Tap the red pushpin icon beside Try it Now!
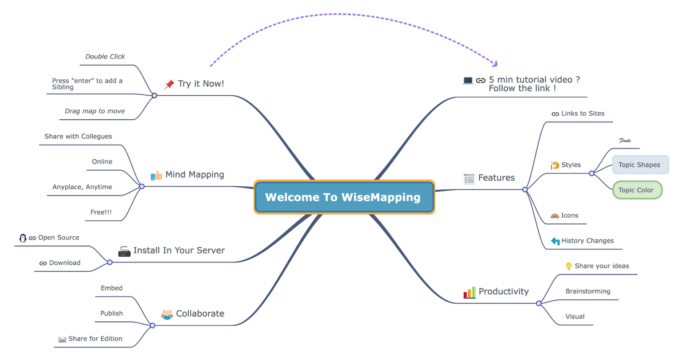pos(169,84)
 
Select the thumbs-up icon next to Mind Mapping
pos(157,176)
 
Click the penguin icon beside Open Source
pos(23,238)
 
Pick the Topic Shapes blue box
pos(640,165)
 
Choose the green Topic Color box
pos(637,190)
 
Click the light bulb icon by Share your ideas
pos(568,266)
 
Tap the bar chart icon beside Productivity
pos(470,293)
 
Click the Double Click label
pos(105,57)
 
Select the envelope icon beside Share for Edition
pos(62,340)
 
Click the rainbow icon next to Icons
pos(555,216)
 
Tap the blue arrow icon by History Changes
pos(555,241)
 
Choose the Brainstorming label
pos(588,291)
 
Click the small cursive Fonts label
pos(625,141)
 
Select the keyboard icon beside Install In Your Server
pos(124,252)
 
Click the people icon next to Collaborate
pos(167,315)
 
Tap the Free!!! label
pos(101,212)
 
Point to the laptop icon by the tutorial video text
pos(468,81)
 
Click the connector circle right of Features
pos(525,190)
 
